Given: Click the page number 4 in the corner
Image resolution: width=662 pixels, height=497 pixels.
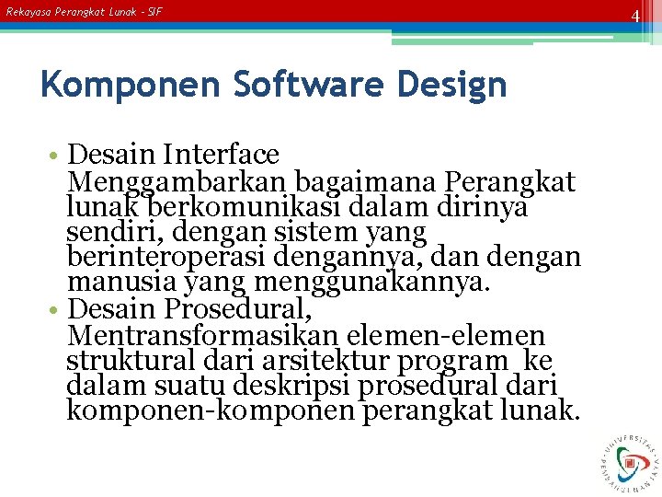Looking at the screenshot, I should click(x=634, y=16).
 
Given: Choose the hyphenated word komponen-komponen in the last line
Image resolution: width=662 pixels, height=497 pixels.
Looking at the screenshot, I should click(x=211, y=410).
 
